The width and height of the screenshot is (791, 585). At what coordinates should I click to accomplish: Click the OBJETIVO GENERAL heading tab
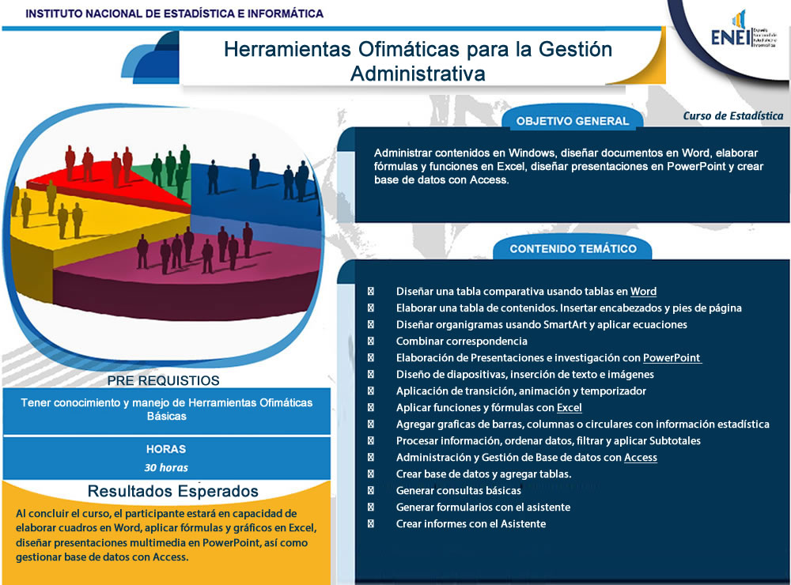click(x=572, y=121)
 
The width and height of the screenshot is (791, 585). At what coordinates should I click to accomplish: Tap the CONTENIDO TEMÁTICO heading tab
click(x=573, y=248)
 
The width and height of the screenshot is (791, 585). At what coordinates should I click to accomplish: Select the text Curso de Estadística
click(x=733, y=115)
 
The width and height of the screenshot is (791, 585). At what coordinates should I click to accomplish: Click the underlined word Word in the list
click(x=643, y=291)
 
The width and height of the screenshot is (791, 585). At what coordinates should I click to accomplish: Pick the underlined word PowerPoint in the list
click(x=672, y=357)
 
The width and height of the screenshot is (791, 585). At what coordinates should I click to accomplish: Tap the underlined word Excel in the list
click(x=569, y=408)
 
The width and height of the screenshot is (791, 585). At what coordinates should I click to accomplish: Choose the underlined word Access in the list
click(x=640, y=457)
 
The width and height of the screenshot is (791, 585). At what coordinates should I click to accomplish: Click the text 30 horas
click(x=166, y=467)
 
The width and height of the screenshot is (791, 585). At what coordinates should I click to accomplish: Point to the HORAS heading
click(x=166, y=449)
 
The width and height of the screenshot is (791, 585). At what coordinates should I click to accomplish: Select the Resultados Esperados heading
click(x=172, y=491)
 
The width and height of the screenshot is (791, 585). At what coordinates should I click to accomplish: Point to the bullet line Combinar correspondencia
click(x=461, y=341)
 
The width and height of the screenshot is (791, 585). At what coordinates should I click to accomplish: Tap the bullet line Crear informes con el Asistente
click(x=471, y=523)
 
